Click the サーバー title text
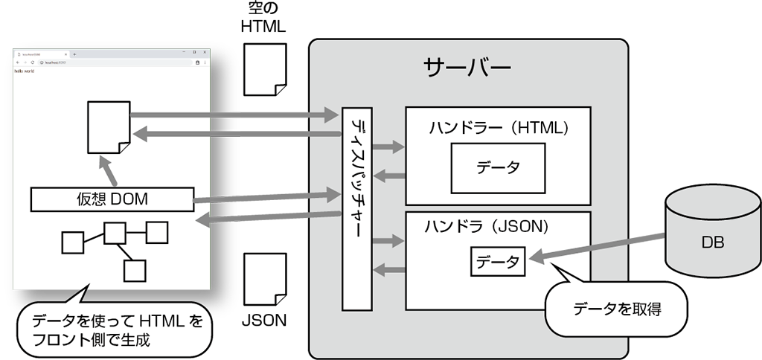pos(467,68)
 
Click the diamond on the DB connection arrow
pos(649,237)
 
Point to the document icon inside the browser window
pos(109,126)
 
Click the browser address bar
pos(112,62)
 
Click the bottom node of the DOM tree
pos(134,271)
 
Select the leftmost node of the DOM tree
pos(71,243)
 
